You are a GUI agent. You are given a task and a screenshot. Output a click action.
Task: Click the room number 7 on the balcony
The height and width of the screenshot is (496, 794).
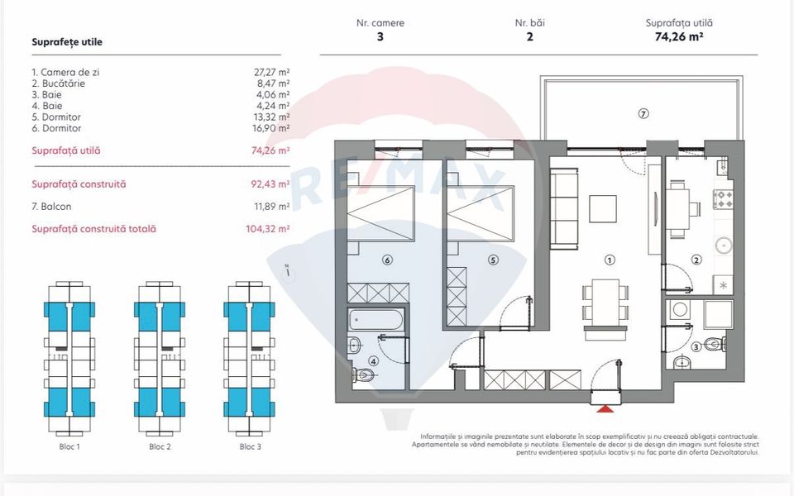click(x=643, y=114)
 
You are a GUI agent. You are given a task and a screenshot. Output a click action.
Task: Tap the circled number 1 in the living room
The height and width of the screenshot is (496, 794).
click(x=610, y=260)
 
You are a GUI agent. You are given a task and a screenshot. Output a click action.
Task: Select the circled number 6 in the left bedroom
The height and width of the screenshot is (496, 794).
click(x=386, y=260)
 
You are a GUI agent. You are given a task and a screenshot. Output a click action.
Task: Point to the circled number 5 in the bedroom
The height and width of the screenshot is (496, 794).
click(x=493, y=260)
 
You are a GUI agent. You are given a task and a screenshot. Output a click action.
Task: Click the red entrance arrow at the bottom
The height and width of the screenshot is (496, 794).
click(x=606, y=408)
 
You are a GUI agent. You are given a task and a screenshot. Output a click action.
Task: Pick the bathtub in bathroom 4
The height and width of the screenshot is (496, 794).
click(x=376, y=319)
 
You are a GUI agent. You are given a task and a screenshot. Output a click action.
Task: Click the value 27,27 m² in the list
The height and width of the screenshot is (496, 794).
click(x=272, y=73)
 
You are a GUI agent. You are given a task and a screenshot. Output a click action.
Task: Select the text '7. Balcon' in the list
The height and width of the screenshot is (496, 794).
click(x=51, y=207)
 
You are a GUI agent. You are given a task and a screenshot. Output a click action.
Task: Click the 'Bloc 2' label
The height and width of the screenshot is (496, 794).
click(x=160, y=446)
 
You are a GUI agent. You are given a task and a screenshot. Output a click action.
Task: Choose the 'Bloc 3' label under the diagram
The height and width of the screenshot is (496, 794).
click(x=251, y=446)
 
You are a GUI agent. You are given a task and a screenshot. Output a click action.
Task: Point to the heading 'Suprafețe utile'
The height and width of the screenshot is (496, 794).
click(x=67, y=41)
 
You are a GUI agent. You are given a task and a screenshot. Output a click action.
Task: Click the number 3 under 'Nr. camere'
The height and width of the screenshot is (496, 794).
click(x=380, y=36)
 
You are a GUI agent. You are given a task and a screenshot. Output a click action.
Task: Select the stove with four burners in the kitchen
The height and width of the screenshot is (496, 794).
click(x=725, y=199)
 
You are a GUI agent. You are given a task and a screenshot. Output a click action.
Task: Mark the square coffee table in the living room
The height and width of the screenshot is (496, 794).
click(x=603, y=209)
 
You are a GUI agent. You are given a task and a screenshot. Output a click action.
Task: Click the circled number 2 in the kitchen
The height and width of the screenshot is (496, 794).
click(x=696, y=260)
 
